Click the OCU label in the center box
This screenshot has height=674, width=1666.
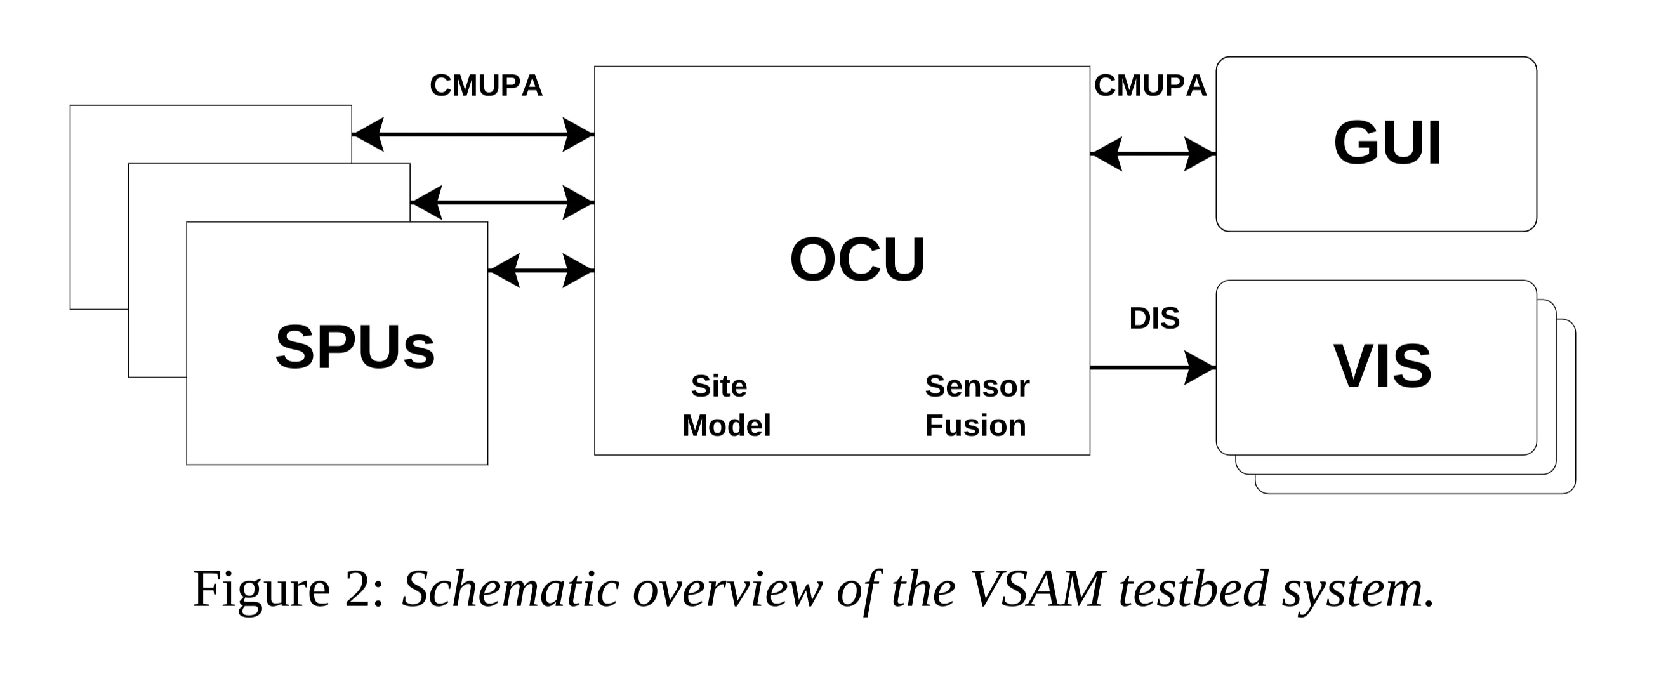coord(857,260)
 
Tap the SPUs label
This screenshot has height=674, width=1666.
coord(355,347)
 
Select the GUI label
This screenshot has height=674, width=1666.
coord(1387,143)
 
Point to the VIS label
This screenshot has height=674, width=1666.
coord(1383,367)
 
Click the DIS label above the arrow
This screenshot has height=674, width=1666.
coord(1154,318)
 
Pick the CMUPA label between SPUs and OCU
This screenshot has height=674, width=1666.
coord(486,86)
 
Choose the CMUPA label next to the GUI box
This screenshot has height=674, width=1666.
coord(1150,86)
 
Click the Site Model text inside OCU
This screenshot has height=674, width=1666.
coord(725,406)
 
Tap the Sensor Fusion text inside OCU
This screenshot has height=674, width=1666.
coord(977,406)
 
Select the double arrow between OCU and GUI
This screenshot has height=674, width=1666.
coord(1153,154)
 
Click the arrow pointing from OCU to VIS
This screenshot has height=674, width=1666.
coord(1153,367)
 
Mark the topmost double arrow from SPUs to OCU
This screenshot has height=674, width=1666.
coord(473,135)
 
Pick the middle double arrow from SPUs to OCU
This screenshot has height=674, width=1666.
coord(502,202)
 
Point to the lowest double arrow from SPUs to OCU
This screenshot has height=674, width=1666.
coord(541,270)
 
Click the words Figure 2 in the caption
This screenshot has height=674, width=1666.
coord(288,589)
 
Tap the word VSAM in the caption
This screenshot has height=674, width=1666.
coord(1038,589)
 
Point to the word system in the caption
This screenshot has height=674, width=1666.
coord(1354,589)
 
